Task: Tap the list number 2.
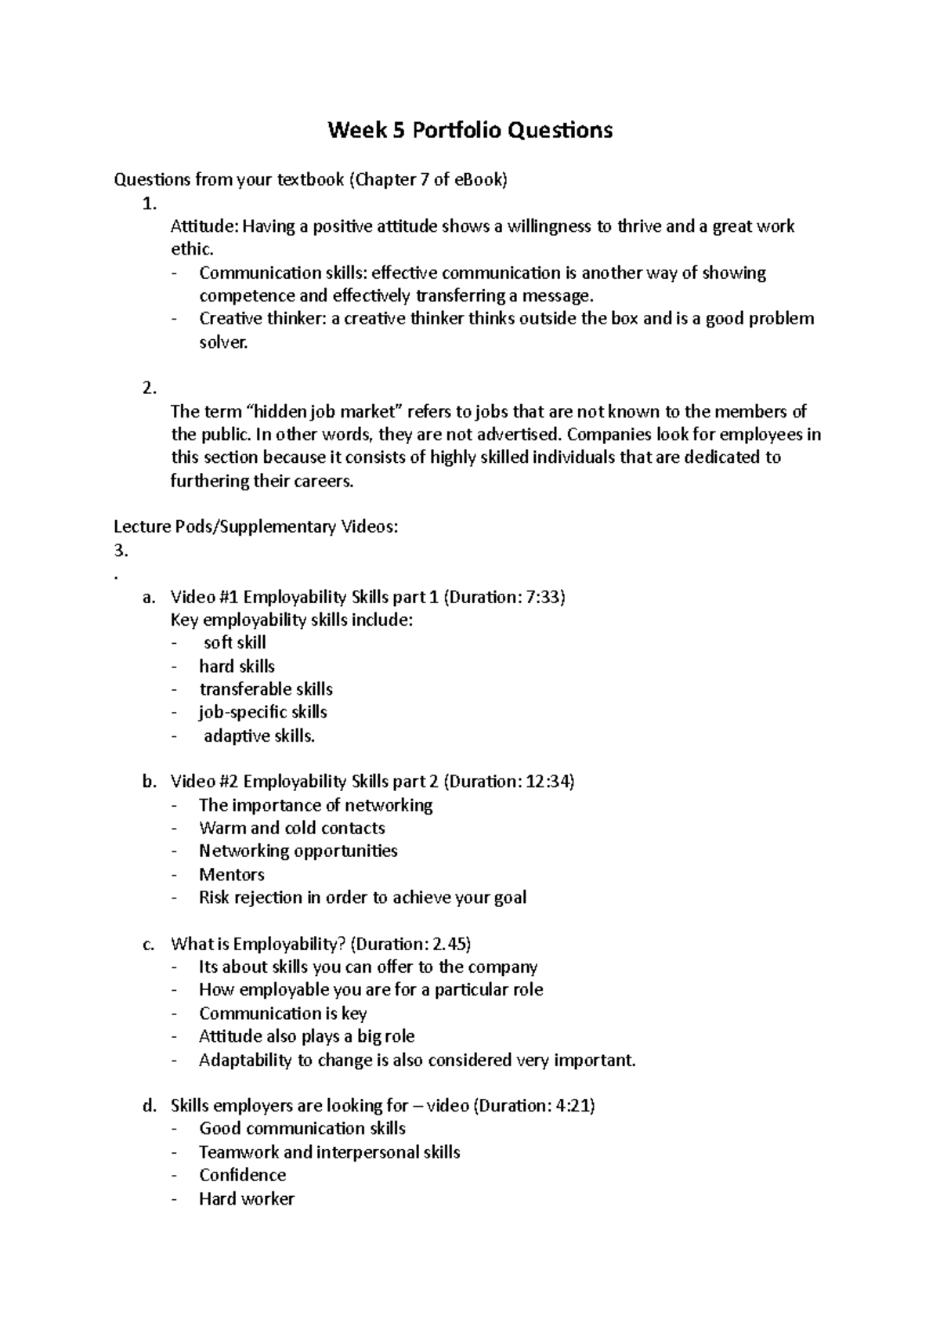(149, 389)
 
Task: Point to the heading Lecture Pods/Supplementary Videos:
(256, 527)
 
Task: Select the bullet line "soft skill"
(234, 643)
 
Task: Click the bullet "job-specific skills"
(262, 712)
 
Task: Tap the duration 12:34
(547, 782)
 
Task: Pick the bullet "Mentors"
(232, 875)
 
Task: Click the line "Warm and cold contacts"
(291, 829)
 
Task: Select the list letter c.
(149, 945)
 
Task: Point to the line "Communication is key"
(283, 1014)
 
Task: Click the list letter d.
(149, 1106)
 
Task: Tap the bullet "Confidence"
(242, 1175)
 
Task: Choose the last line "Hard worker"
(246, 1199)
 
